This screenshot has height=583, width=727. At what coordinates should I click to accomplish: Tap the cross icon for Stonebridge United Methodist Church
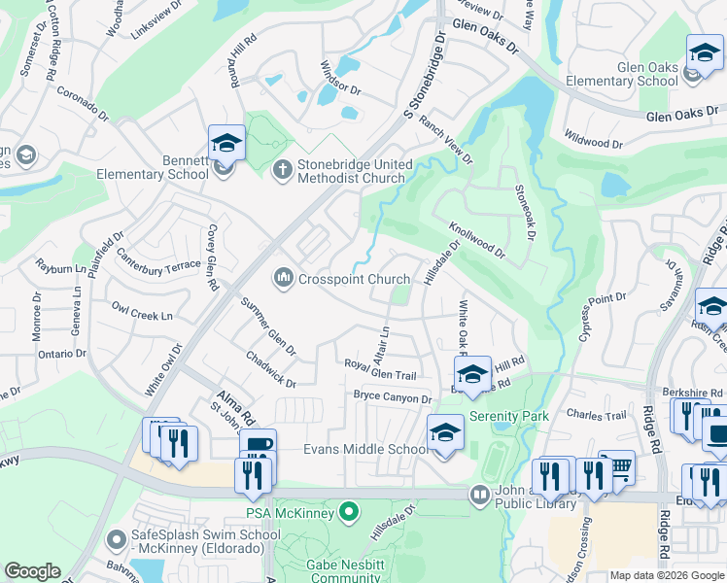282,170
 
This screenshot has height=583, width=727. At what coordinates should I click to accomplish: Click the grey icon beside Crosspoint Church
283,279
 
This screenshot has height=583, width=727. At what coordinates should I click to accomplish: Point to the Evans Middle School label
364,448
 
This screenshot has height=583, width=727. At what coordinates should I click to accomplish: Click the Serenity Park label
509,416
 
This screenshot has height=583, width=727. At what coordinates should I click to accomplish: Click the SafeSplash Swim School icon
117,537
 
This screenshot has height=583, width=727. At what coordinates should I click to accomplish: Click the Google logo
32,571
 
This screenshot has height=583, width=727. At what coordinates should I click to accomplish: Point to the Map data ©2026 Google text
667,575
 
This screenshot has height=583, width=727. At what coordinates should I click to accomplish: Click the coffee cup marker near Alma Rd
258,446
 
